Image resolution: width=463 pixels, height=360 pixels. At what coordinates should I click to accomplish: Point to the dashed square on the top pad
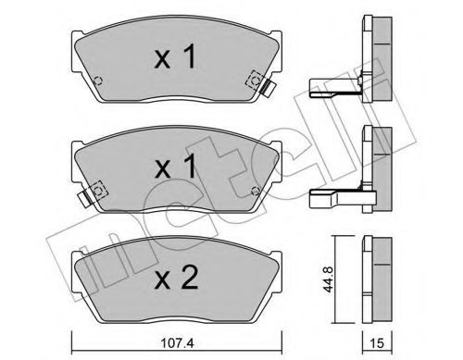click(x=250, y=81)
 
